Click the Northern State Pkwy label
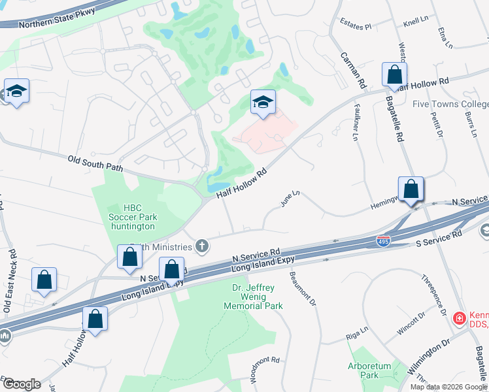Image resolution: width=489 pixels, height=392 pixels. tap(57, 18)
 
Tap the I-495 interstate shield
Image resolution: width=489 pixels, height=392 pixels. tap(384, 241)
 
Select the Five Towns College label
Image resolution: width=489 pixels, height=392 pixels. tap(450, 104)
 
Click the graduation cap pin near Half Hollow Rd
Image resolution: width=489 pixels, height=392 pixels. tap(263, 102)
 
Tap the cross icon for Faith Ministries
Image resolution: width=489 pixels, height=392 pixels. tap(203, 246)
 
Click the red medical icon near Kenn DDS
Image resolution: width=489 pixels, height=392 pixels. tap(460, 318)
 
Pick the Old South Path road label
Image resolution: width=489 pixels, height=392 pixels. tap(96, 163)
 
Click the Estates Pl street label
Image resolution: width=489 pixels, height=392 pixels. tap(356, 27)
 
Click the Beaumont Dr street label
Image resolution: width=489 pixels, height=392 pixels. tap(303, 289)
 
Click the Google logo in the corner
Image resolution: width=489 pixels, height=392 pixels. tap(22, 384)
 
